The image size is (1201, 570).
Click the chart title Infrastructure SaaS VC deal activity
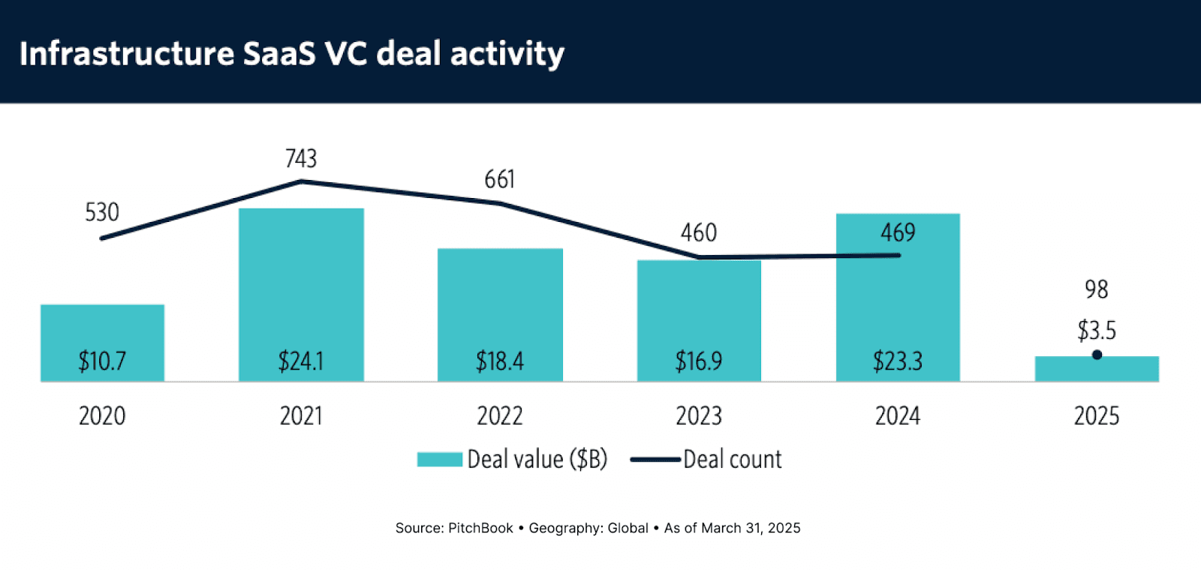[292, 54]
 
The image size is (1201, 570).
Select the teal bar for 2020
[102, 330]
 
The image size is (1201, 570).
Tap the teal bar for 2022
[500, 300]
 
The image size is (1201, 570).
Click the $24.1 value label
[301, 361]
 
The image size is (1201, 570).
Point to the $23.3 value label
[898, 361]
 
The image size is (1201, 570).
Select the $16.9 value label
[699, 361]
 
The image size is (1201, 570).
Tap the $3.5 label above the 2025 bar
[1097, 330]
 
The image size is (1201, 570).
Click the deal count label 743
[301, 158]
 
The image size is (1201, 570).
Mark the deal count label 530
[102, 212]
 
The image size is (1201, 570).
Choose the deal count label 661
[500, 179]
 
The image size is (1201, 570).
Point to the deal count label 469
[898, 232]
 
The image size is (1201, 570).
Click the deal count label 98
[1097, 289]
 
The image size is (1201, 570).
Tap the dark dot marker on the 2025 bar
[1097, 355]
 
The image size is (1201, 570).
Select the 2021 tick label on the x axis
[301, 415]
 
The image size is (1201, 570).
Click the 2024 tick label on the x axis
[898, 415]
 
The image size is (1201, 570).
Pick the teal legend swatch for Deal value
[440, 459]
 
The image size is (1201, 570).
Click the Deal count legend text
[733, 459]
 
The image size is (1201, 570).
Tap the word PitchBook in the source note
[480, 528]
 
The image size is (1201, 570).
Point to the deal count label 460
[699, 232]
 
